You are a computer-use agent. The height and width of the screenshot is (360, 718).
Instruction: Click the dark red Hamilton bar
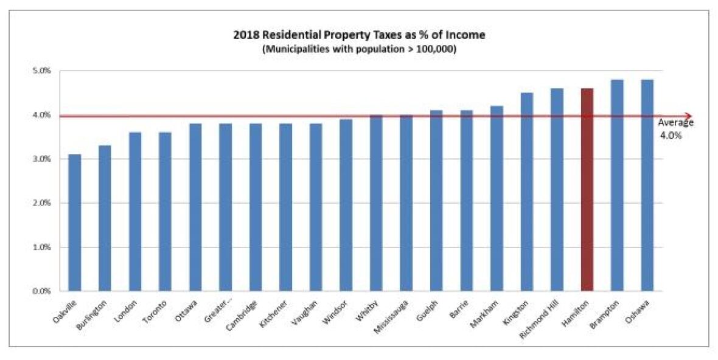[587, 190]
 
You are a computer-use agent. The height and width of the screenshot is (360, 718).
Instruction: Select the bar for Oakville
[74, 223]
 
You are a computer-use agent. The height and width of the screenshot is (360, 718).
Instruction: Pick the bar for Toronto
[165, 212]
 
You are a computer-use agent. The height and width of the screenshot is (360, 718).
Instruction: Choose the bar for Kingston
[526, 192]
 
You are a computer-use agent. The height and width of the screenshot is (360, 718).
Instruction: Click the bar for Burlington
[105, 218]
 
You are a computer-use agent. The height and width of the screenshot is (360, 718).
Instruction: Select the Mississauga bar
[406, 203]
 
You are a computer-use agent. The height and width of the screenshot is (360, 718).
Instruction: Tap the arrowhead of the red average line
[688, 116]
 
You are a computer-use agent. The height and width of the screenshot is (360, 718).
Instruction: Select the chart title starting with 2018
[359, 35]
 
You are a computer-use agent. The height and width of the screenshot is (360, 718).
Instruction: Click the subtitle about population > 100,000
[359, 49]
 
